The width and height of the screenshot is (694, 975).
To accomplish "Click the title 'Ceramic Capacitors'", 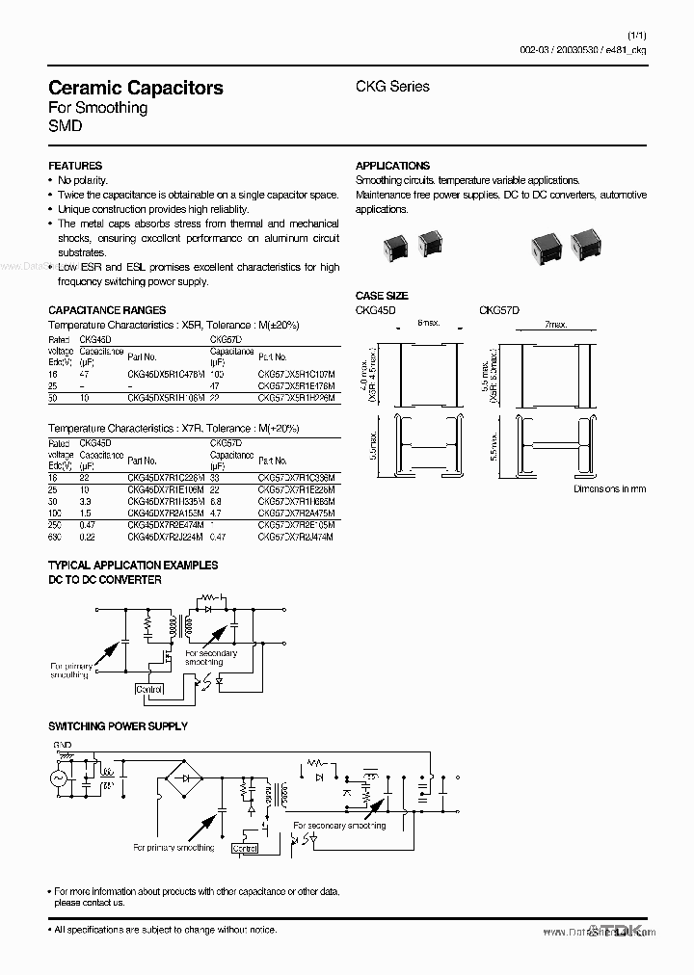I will (x=136, y=88).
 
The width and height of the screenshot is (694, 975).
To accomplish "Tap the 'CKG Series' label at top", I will (x=393, y=87).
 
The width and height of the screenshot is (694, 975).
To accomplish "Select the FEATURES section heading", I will (x=75, y=166).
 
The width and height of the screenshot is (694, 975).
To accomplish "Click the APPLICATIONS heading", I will (x=392, y=166).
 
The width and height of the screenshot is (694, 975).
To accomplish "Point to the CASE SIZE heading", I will (x=382, y=296).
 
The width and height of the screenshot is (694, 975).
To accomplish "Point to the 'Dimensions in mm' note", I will (x=609, y=489).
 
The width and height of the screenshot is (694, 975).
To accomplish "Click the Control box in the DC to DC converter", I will (x=150, y=690).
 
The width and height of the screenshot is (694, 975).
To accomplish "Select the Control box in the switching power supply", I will (x=245, y=848).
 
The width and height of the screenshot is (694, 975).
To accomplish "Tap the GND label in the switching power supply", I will (x=62, y=745).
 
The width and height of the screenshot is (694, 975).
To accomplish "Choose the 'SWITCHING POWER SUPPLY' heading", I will (x=118, y=725).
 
